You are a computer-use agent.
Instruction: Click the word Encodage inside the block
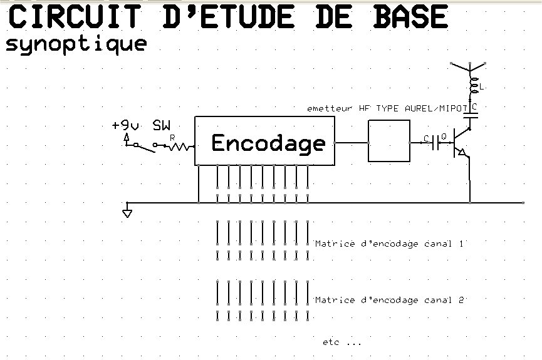(268, 143)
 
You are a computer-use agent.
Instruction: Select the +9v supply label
(126, 125)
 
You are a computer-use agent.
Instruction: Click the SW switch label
(162, 125)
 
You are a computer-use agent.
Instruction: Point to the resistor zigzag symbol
(180, 147)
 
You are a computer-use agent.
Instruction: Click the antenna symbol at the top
(469, 67)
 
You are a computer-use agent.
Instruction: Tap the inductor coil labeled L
(473, 85)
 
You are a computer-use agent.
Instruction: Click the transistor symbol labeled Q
(461, 143)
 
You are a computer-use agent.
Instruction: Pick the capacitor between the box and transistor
(435, 142)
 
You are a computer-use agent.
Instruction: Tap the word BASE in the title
(410, 16)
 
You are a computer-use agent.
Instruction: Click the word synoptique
(76, 44)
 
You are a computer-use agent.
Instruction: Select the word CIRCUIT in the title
(75, 16)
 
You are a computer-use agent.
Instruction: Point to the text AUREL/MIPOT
(436, 108)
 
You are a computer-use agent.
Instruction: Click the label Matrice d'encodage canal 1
(389, 244)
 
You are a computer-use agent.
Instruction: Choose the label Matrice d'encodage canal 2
(389, 300)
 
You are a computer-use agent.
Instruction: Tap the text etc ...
(331, 342)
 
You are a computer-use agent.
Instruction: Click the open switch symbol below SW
(145, 147)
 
